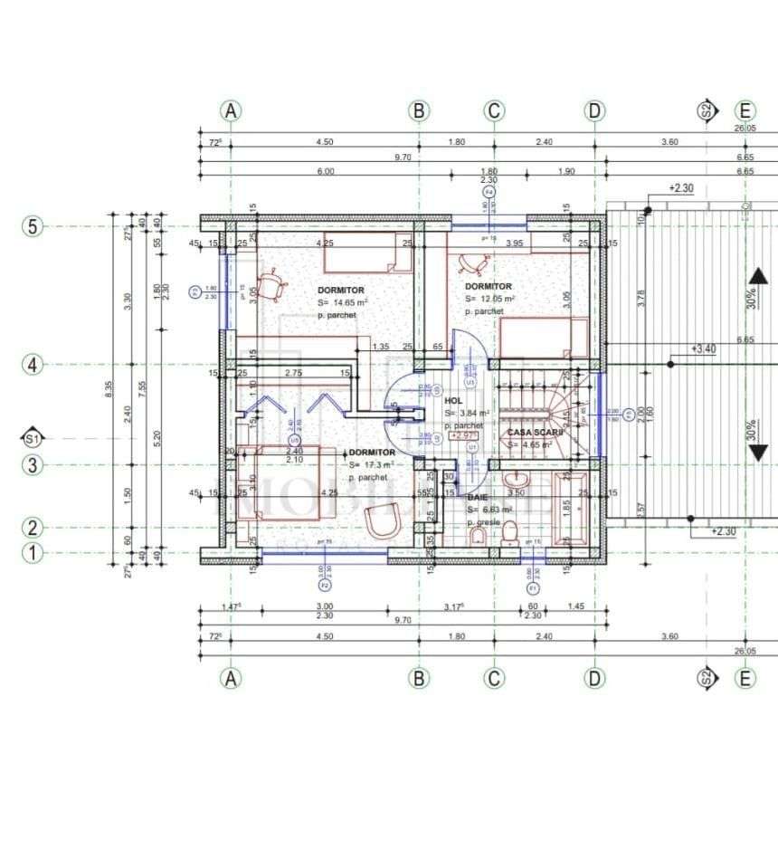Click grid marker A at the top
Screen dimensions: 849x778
(x=231, y=110)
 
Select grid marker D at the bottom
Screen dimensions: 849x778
(x=594, y=678)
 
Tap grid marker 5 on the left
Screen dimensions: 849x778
(x=33, y=226)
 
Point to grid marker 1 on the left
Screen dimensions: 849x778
(x=33, y=552)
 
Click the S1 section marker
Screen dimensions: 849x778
(x=33, y=438)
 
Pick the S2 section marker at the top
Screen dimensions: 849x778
(x=707, y=111)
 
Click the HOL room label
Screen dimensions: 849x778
(x=453, y=400)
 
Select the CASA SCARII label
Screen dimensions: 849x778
(x=534, y=433)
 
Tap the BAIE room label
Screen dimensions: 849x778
(x=478, y=497)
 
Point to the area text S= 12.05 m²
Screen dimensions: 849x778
(x=490, y=299)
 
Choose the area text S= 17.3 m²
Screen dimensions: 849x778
(x=370, y=464)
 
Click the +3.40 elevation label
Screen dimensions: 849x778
(x=703, y=348)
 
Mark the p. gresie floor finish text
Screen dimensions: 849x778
(x=484, y=523)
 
